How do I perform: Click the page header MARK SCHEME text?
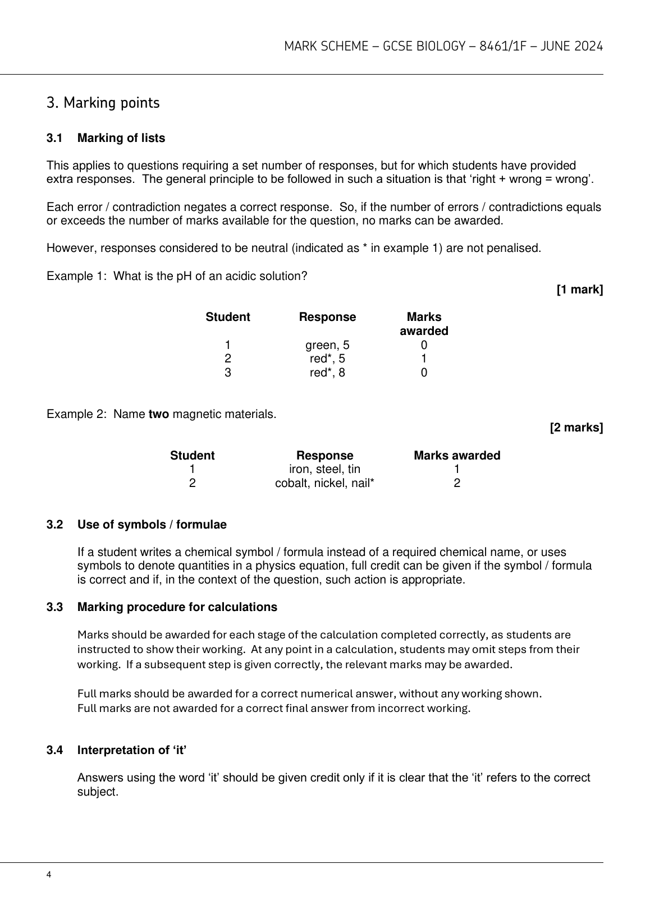point(443,47)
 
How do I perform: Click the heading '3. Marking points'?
point(103,103)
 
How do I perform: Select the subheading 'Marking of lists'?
point(121,138)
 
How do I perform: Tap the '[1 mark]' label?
point(579,290)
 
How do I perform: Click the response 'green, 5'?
point(327,345)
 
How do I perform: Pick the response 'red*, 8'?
point(327,373)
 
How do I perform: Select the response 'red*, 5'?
point(327,359)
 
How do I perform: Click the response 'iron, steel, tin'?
point(324,469)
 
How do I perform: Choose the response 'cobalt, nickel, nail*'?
point(324,483)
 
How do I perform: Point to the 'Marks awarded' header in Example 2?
point(457,456)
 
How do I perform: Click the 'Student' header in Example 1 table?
point(228,317)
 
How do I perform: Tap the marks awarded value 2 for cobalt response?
point(457,483)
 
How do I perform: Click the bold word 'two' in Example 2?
point(158,415)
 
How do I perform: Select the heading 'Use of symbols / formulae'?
point(152,525)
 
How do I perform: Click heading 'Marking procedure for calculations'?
point(177,607)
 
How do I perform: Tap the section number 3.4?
point(54,750)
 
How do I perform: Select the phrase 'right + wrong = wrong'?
point(530,180)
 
